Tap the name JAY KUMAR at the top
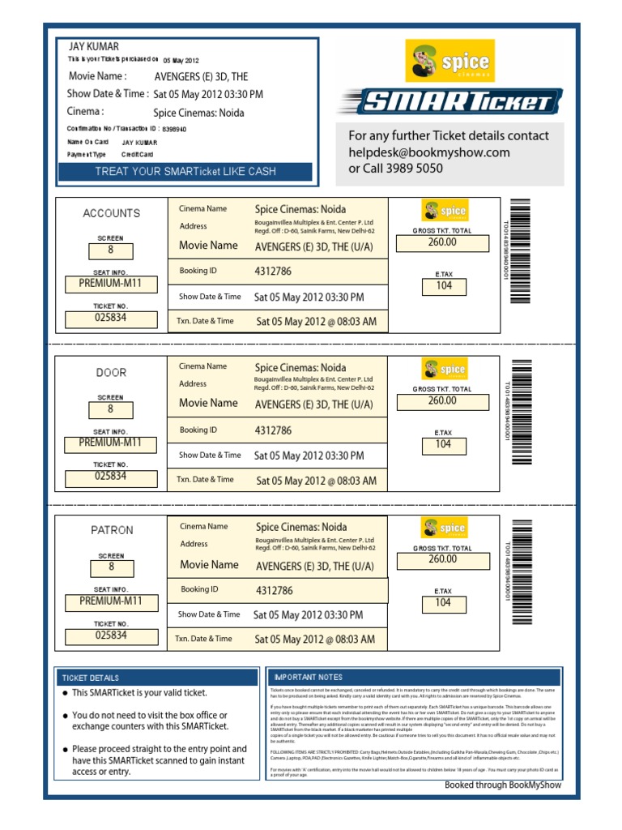click(x=94, y=47)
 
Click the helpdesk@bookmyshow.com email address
click(x=429, y=152)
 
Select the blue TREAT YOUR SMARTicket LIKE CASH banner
click(x=185, y=171)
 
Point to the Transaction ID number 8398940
click(x=174, y=129)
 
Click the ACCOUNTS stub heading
click(x=111, y=213)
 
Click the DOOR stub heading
click(x=111, y=373)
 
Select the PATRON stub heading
click(x=111, y=530)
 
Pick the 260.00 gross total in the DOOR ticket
click(x=442, y=401)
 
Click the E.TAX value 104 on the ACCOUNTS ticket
click(x=443, y=286)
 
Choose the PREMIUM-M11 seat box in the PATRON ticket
click(x=110, y=601)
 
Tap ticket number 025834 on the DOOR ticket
click(x=110, y=477)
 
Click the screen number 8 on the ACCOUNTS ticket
click(x=110, y=250)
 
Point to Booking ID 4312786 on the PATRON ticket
click(x=274, y=591)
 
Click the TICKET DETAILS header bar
click(x=159, y=678)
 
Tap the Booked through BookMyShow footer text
click(x=502, y=785)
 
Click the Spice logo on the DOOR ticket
click(x=444, y=370)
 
